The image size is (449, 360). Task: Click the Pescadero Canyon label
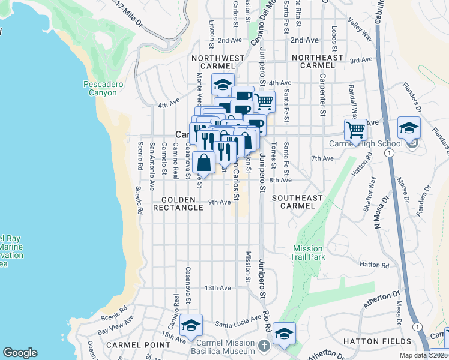click(x=103, y=89)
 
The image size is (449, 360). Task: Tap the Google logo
click(x=20, y=353)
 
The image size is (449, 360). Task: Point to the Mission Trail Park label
click(x=309, y=253)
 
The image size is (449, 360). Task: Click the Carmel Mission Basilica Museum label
click(x=227, y=347)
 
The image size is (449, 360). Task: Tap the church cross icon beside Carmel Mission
click(x=264, y=347)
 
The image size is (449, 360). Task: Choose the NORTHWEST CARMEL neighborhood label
click(x=218, y=62)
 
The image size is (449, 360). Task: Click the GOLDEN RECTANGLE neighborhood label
click(x=178, y=203)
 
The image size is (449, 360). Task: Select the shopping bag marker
click(x=204, y=163)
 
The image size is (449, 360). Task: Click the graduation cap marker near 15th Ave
click(x=191, y=325)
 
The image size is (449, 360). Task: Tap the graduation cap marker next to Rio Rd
click(x=284, y=334)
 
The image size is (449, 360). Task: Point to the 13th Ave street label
click(x=217, y=288)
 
